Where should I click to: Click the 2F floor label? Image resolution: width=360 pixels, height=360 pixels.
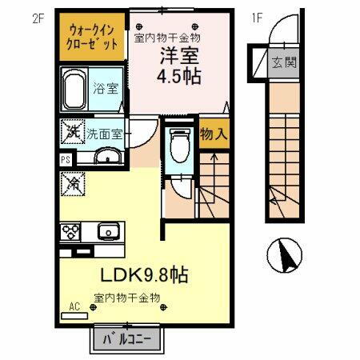[37, 17]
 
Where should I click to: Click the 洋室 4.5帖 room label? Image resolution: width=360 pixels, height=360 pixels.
[180, 67]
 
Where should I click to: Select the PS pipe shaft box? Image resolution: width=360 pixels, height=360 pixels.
[64, 158]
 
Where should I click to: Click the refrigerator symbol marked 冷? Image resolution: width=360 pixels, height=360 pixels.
[70, 182]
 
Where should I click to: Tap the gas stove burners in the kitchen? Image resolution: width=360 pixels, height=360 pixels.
[70, 233]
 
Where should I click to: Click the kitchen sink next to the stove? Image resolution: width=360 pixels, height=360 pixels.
[106, 233]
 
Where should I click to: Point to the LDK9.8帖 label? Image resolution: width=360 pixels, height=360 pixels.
[144, 274]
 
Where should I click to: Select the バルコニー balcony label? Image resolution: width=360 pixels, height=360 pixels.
[128, 339]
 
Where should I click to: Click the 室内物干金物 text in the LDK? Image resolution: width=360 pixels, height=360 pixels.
[128, 298]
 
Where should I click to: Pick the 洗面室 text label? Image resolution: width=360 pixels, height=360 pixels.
[105, 134]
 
